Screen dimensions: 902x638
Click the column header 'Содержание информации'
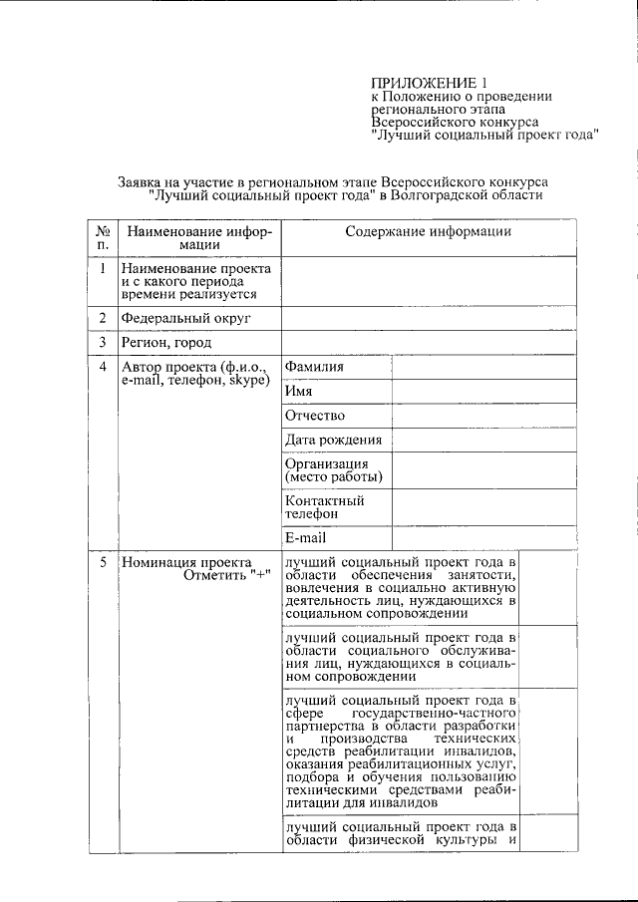tap(429, 232)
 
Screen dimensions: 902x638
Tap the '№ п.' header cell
tap(102, 239)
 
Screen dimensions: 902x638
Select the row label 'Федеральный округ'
tap(185, 318)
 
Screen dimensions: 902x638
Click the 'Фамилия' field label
tap(314, 367)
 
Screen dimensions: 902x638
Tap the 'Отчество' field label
tap(315, 416)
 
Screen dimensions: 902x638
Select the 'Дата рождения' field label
tap(333, 440)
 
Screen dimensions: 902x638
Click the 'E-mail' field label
tap(306, 537)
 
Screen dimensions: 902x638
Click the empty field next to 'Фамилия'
tap(483, 367)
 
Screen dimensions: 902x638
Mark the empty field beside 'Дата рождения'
tap(483, 440)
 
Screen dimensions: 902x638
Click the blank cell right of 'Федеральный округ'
tap(429, 318)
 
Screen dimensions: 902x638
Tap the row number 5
tap(103, 562)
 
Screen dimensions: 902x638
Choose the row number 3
tap(103, 343)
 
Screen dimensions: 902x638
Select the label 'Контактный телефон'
tap(325, 506)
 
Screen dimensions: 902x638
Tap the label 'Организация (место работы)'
tap(333, 469)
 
